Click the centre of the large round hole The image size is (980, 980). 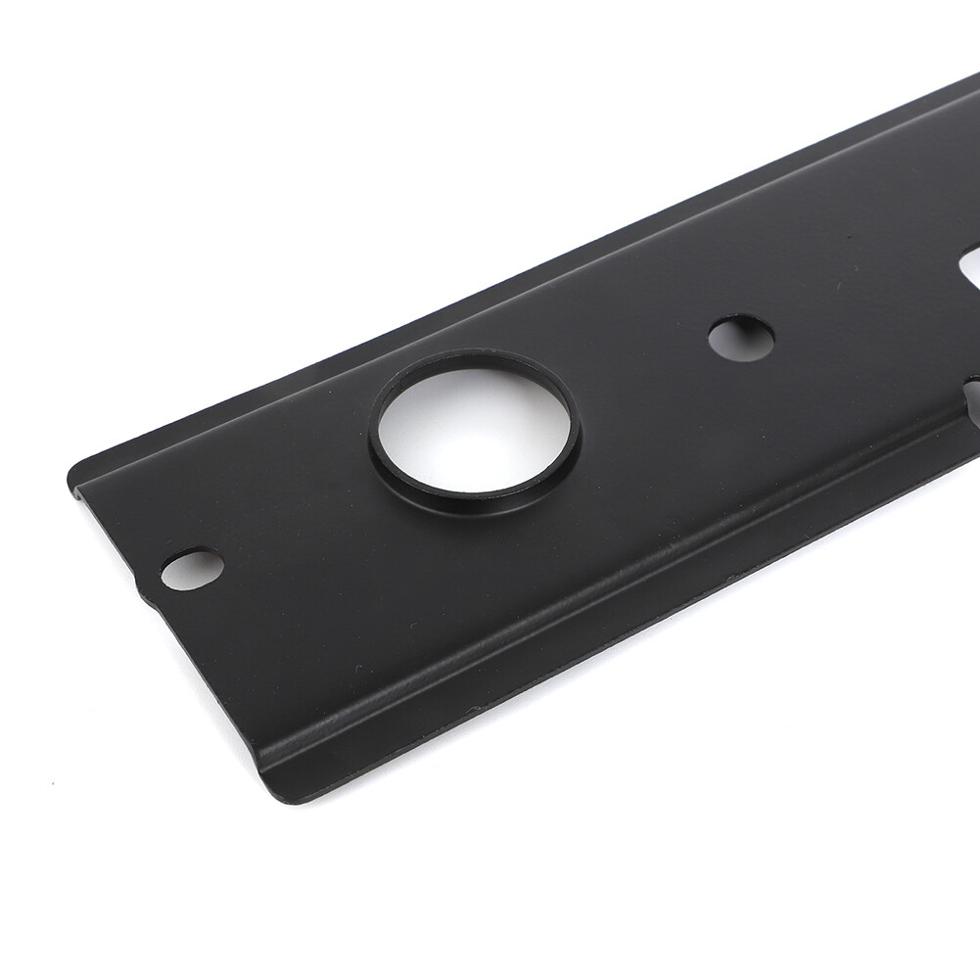(x=473, y=423)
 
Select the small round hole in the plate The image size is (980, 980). (x=741, y=336)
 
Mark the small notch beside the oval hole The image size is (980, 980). (x=147, y=593)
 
